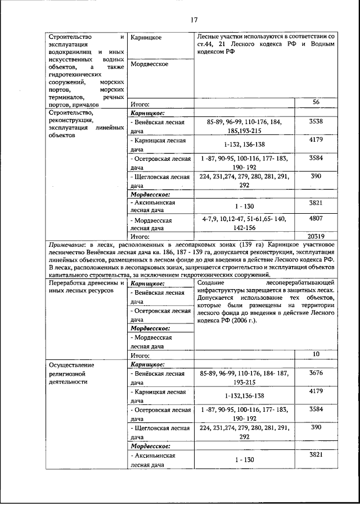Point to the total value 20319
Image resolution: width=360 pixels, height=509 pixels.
(x=316, y=236)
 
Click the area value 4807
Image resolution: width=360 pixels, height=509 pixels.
(x=316, y=217)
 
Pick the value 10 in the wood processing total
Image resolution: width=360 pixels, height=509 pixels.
(x=316, y=354)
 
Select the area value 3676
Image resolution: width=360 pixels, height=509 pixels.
(x=316, y=372)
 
